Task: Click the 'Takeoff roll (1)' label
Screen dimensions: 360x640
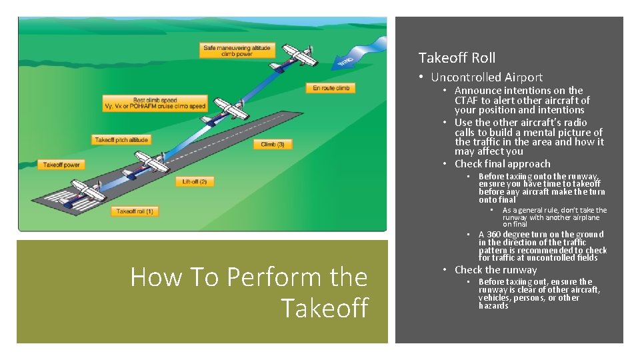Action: (135, 211)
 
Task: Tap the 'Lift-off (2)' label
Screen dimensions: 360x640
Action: (195, 181)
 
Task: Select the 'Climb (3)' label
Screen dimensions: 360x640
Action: (273, 144)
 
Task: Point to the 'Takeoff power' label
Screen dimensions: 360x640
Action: (61, 164)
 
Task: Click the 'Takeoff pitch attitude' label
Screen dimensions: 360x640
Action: (121, 140)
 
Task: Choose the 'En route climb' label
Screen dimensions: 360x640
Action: (331, 88)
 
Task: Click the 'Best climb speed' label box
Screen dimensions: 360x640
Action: (154, 103)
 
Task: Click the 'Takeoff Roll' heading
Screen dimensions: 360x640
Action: (457, 58)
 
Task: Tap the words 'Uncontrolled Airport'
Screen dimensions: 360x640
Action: (487, 77)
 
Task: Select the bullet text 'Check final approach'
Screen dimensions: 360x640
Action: (502, 164)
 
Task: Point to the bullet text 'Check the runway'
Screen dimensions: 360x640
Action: (495, 270)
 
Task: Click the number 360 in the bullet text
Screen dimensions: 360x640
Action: (495, 234)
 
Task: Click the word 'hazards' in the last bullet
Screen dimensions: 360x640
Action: (493, 305)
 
